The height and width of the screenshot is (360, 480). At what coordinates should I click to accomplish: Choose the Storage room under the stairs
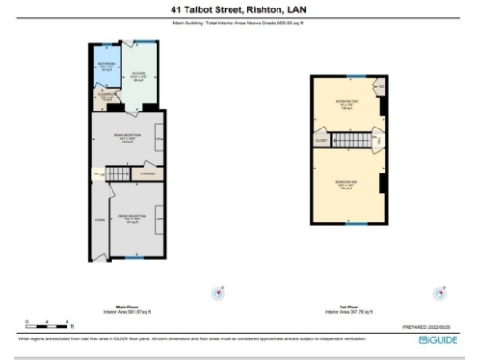(x=147, y=173)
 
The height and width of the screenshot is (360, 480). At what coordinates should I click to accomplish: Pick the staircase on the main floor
(x=117, y=174)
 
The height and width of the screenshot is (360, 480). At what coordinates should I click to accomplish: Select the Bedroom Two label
(x=346, y=105)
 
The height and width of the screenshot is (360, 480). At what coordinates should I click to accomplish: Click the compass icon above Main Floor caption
(x=219, y=292)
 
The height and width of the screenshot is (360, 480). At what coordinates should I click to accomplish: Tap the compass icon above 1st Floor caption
(x=441, y=292)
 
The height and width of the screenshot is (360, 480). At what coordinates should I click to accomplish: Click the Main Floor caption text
(x=127, y=306)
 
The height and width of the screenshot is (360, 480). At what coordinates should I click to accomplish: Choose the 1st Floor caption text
(x=348, y=306)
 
